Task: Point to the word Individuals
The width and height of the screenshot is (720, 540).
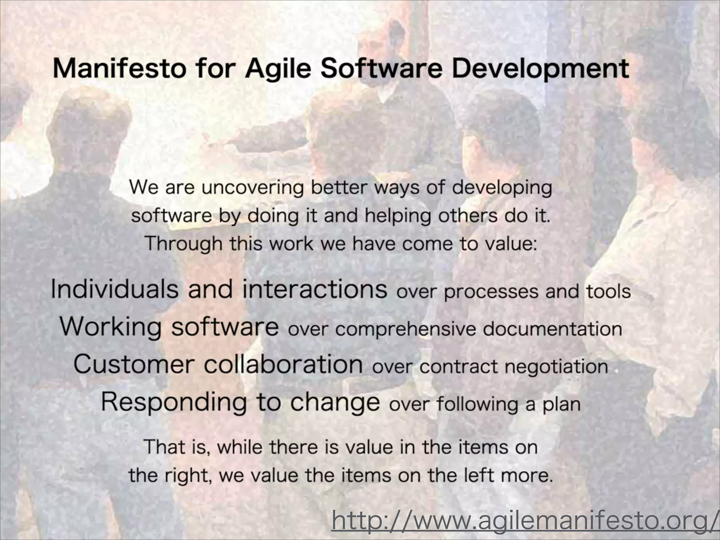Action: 115,289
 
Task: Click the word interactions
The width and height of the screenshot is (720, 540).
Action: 315,289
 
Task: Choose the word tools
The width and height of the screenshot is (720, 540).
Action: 608,291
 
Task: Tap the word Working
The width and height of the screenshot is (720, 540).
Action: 110,327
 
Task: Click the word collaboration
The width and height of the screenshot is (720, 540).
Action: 283,364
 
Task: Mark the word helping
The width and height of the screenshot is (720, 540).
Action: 397,216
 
